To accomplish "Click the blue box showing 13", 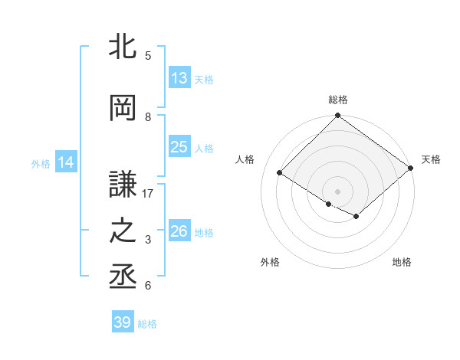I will pyautogui.click(x=179, y=77).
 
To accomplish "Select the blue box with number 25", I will pyautogui.click(x=179, y=147).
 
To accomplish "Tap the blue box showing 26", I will pyautogui.click(x=179, y=231).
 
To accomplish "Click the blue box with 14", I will pyautogui.click(x=65, y=162).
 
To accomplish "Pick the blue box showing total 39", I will pyautogui.click(x=123, y=322).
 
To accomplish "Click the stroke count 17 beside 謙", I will pyautogui.click(x=149, y=194).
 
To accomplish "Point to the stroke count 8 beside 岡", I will pyautogui.click(x=149, y=116).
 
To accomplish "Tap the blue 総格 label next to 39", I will pyautogui.click(x=147, y=324).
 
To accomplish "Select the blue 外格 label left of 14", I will pyautogui.click(x=41, y=163).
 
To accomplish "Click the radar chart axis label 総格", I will pyautogui.click(x=337, y=100).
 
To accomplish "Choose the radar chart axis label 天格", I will pyautogui.click(x=431, y=159).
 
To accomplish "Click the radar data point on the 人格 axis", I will pyautogui.click(x=280, y=173).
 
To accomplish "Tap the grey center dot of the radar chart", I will pyautogui.click(x=337, y=190).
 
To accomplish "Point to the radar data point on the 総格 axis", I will pyautogui.click(x=337, y=116).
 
